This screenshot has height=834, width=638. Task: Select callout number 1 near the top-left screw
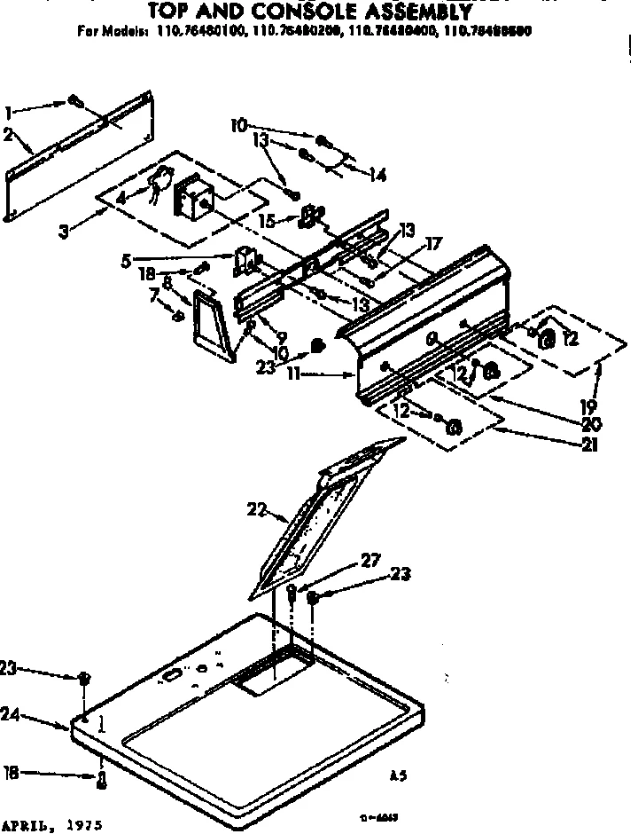(9, 113)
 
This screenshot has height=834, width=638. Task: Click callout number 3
(64, 232)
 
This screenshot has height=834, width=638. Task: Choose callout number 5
(127, 261)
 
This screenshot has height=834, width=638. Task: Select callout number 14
(378, 176)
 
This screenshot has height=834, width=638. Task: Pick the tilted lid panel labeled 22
(323, 515)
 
